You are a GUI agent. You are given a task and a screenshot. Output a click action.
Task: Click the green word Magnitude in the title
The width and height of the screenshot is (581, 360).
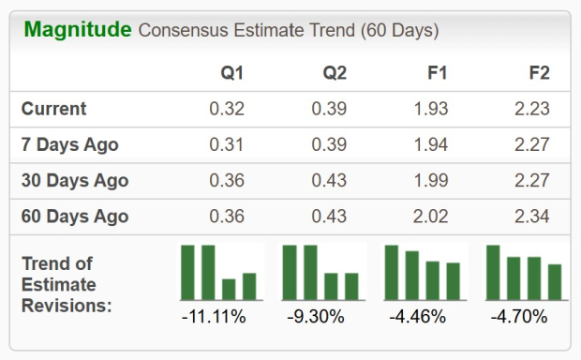coord(77,30)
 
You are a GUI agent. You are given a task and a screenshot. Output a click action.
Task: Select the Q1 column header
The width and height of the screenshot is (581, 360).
coord(231,73)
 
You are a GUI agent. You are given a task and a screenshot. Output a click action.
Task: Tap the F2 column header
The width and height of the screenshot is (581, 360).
coord(538,73)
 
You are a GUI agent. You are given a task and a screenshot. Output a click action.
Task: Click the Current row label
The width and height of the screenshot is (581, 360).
coord(54,109)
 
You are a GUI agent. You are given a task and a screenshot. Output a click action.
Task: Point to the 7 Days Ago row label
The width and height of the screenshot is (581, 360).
coord(70,145)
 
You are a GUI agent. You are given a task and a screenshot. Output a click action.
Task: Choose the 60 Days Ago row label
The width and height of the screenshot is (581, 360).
coord(75,217)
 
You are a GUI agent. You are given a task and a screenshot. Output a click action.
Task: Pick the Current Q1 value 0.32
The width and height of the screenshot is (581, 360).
coord(227,109)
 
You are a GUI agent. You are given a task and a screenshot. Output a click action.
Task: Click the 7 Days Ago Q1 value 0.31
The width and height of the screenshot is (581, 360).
coord(227,145)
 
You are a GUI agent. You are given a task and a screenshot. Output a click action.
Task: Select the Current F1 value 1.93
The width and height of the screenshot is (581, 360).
coord(430,109)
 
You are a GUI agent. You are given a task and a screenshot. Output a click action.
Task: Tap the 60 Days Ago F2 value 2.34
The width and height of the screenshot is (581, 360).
coord(531,217)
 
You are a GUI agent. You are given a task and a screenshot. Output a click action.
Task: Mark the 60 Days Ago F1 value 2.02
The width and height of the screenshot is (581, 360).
coord(430,217)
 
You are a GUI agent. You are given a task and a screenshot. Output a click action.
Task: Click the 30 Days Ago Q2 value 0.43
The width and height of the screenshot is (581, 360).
coord(329,181)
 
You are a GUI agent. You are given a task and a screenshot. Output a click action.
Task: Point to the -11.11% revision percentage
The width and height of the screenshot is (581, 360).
coord(214,317)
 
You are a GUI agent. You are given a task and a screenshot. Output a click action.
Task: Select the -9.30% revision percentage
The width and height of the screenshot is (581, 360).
coord(317,317)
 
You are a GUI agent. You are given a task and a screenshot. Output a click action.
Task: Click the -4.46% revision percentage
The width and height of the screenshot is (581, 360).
coord(418,317)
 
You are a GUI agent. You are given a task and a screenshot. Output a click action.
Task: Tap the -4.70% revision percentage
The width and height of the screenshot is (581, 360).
coord(519,317)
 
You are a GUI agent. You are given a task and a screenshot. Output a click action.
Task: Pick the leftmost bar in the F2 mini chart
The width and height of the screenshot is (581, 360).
coord(493,272)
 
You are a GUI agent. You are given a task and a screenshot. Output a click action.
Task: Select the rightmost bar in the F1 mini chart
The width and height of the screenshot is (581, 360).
coord(454,280)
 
